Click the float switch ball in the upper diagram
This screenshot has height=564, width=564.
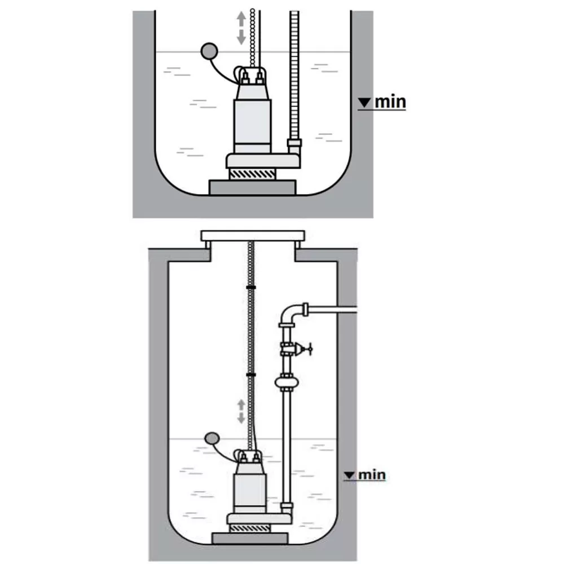tap(209, 51)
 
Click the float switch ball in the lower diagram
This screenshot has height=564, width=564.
tap(213, 438)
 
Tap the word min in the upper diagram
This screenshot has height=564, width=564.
tap(390, 102)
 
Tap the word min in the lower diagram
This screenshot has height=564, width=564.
tap(372, 474)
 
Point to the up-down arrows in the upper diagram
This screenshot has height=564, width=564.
tap(241, 28)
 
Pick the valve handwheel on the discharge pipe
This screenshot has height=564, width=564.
tap(307, 349)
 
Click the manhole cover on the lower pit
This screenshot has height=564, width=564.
tap(253, 234)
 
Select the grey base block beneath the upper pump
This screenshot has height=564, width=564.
tap(252, 187)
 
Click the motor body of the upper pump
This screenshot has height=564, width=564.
tap(253, 118)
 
